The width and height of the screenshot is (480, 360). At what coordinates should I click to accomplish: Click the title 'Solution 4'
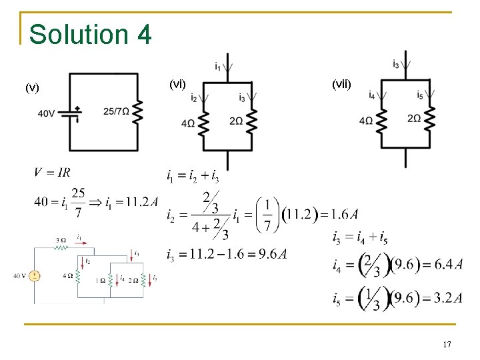tap(91, 34)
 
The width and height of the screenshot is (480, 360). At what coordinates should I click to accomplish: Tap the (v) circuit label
tap(32, 87)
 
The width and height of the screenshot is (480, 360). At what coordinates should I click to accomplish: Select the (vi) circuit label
tap(177, 83)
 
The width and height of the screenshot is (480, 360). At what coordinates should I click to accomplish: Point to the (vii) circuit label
tap(340, 84)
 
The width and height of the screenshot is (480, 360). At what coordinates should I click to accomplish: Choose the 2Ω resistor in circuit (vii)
tap(430, 120)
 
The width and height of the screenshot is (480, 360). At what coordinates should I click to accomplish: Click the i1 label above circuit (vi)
tap(219, 66)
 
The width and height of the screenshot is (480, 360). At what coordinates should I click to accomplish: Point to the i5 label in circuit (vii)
tap(420, 95)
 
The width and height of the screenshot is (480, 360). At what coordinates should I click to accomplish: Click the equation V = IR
tap(52, 173)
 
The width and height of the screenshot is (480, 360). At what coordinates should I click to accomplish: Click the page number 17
tap(447, 344)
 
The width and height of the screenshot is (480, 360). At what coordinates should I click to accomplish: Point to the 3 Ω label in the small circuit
tap(61, 239)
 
